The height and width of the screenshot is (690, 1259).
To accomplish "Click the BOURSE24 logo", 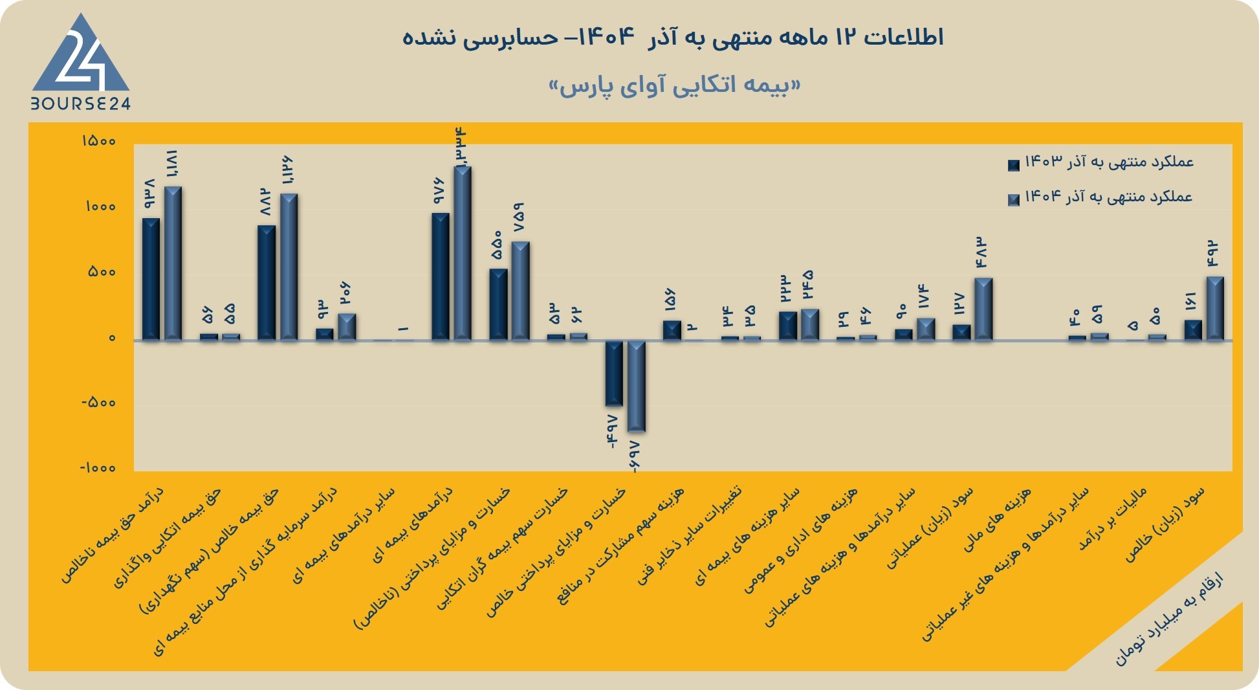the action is click(x=81, y=61).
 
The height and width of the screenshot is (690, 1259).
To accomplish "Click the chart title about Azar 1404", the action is click(x=673, y=37).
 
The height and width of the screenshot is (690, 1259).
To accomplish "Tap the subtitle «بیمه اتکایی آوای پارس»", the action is click(x=675, y=85).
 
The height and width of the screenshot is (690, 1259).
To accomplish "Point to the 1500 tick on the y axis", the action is click(x=98, y=141).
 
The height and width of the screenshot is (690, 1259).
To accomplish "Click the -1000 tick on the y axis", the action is click(x=98, y=468).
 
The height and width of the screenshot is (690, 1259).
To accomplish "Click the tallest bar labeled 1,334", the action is click(x=463, y=253).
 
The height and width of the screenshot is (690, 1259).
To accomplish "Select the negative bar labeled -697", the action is click(x=637, y=386).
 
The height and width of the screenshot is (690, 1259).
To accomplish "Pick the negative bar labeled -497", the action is click(x=614, y=373).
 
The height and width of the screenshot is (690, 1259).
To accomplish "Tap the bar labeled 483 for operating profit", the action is click(x=983, y=309).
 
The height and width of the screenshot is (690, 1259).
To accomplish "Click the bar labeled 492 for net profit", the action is click(x=1215, y=308).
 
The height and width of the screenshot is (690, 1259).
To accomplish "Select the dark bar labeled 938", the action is click(x=151, y=279).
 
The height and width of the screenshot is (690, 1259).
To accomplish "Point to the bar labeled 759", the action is click(x=520, y=291).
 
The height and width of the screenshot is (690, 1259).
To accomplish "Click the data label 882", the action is click(x=264, y=201).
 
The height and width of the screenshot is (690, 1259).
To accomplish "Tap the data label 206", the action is click(x=345, y=293).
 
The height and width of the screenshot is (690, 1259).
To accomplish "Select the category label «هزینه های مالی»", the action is click(x=997, y=520).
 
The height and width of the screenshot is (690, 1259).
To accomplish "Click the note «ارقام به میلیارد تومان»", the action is click(x=1168, y=619).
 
